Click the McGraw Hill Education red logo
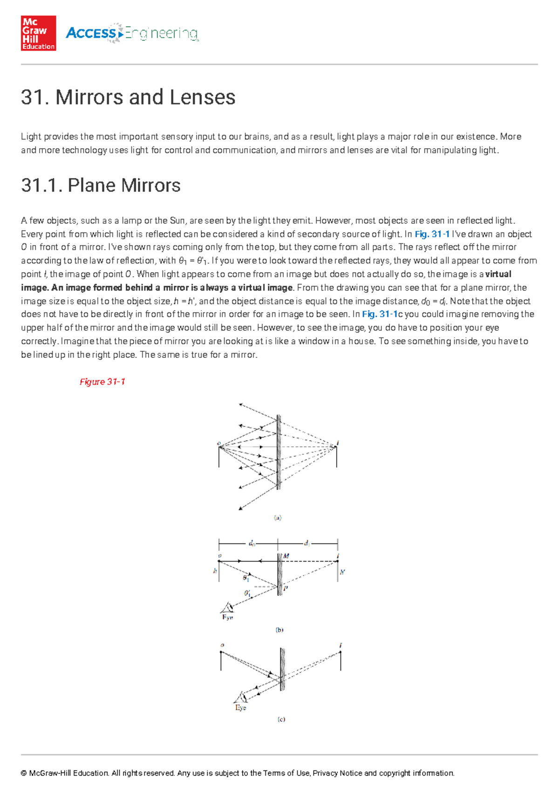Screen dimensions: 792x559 (38, 33)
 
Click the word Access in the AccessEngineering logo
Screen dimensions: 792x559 (91, 33)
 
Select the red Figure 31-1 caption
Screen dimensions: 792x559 (102, 382)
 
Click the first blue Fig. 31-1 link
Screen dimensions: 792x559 (432, 234)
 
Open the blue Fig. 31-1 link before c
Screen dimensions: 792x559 (380, 314)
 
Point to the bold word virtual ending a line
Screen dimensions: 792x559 (498, 274)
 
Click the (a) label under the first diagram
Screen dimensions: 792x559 (278, 518)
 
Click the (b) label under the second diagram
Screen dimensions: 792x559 (279, 630)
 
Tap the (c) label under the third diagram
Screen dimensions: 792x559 (281, 719)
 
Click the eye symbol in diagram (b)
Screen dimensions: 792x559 (228, 607)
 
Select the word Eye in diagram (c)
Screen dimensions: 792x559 (240, 708)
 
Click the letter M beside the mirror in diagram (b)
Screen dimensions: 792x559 (286, 556)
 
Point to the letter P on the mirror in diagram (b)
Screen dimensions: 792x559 (286, 589)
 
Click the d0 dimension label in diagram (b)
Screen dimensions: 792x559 (252, 543)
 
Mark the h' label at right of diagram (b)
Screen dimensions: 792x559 (342, 572)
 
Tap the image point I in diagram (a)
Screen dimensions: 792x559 (338, 443)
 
